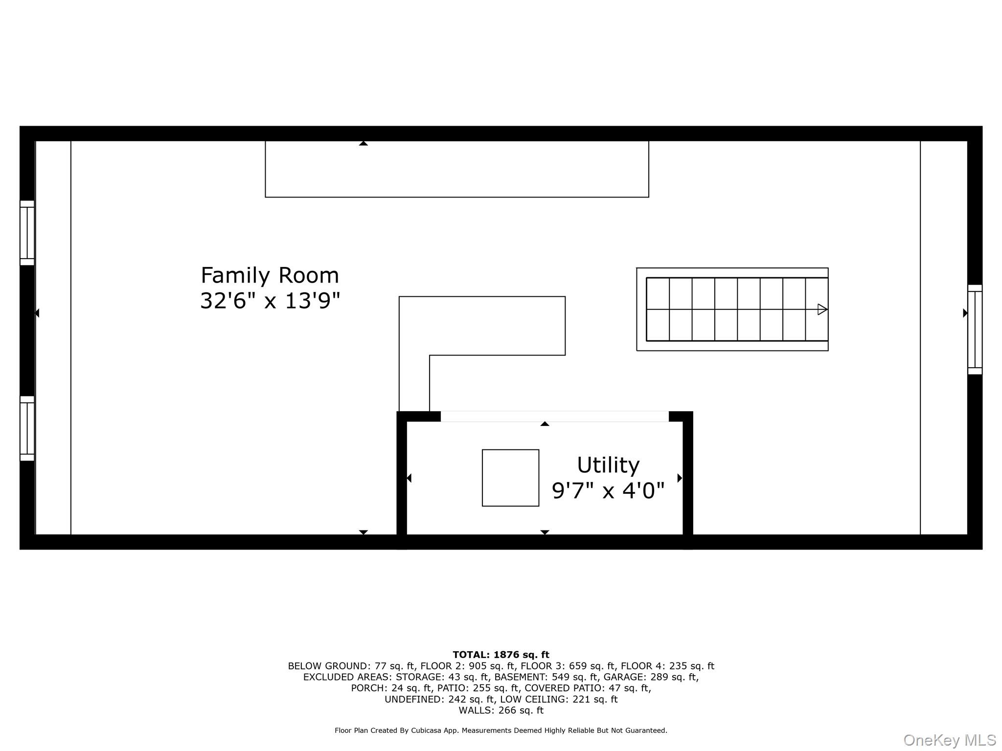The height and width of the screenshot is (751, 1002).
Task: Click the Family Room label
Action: click(x=270, y=276)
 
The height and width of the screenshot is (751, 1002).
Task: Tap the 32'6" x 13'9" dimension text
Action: click(x=270, y=301)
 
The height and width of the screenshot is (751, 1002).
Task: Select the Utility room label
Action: click(x=608, y=465)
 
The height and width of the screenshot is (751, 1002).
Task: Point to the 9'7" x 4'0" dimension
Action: click(x=608, y=490)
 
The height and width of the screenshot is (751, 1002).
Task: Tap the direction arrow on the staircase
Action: click(x=822, y=309)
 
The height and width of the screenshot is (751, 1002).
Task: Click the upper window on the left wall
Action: click(x=27, y=233)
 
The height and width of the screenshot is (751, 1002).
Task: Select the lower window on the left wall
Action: click(x=27, y=428)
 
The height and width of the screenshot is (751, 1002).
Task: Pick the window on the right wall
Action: click(x=975, y=330)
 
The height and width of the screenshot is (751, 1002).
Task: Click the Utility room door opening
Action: click(x=554, y=417)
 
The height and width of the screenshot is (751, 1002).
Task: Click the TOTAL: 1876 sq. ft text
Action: click(x=501, y=655)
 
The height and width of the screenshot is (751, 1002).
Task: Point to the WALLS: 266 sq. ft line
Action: click(x=501, y=710)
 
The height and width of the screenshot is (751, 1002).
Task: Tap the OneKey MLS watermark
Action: click(x=950, y=740)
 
